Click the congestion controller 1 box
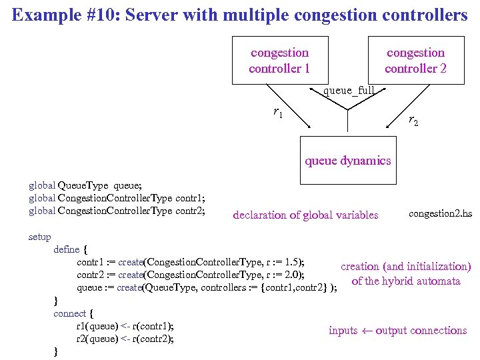tap(279, 61)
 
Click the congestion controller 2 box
tap(415, 61)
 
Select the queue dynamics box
tap(347, 160)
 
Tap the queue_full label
tap(348, 90)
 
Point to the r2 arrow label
tap(413, 121)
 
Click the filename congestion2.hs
tap(440, 213)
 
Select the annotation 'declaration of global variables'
tap(305, 215)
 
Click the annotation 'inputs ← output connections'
tap(397, 331)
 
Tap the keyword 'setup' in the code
tap(39, 237)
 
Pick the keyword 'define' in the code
tap(67, 249)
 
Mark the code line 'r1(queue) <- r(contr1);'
tap(125, 326)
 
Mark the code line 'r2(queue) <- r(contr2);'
tap(125, 339)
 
